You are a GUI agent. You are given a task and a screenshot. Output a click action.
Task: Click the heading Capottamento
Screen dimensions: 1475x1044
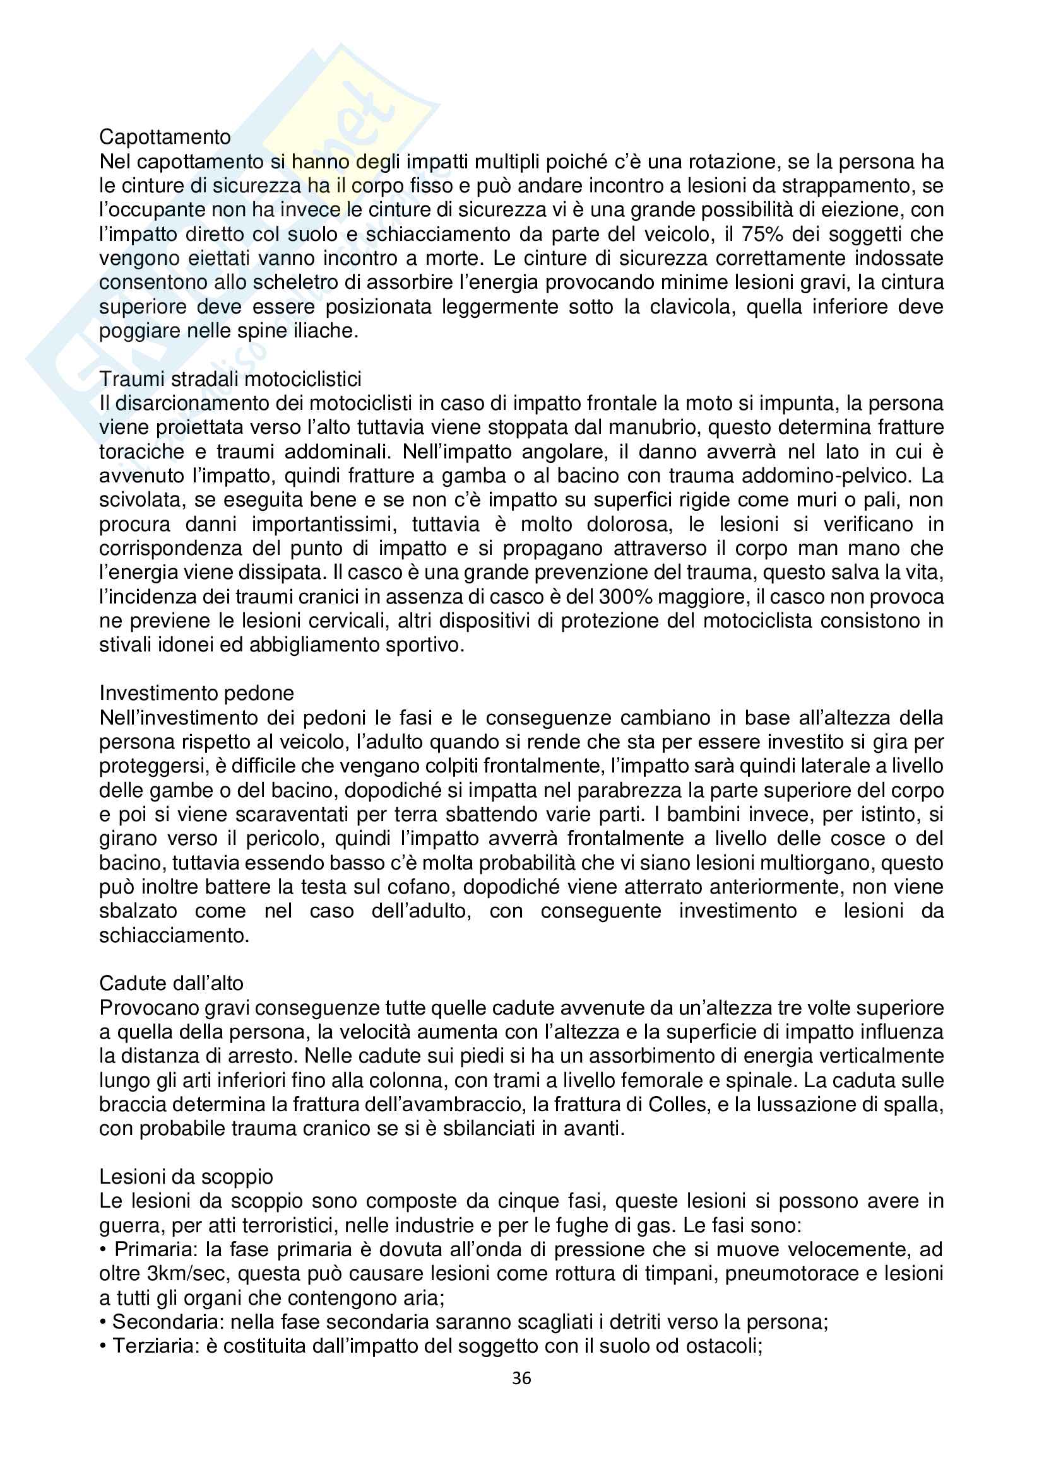pyautogui.click(x=165, y=137)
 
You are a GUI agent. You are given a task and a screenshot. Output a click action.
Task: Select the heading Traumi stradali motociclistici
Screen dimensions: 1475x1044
pyautogui.click(x=230, y=379)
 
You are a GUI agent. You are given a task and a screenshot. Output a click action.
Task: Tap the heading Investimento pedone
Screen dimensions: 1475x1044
pyautogui.click(x=196, y=693)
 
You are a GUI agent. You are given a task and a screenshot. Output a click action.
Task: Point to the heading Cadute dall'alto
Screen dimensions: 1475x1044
pyautogui.click(x=171, y=983)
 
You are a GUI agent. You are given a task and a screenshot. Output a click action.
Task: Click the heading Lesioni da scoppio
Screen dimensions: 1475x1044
pyautogui.click(x=186, y=1177)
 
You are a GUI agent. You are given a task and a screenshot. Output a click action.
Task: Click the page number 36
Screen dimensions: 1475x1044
pyautogui.click(x=521, y=1379)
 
